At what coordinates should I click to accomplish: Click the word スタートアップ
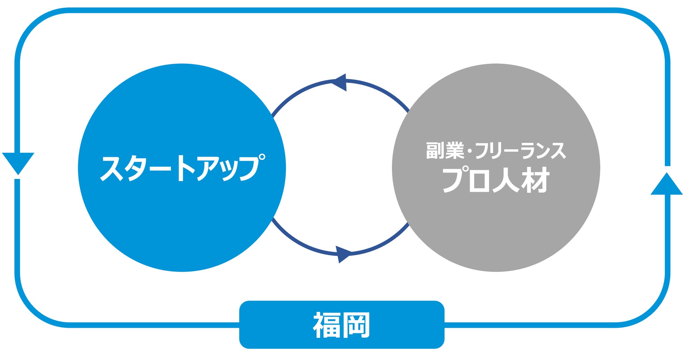point(182,168)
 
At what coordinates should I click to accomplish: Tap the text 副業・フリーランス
point(496,151)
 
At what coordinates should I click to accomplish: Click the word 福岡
point(341,325)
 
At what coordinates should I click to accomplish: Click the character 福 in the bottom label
point(326,325)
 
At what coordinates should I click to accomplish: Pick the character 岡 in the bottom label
point(356,325)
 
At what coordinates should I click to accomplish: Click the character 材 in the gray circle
point(535,180)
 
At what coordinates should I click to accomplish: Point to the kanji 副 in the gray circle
point(435,151)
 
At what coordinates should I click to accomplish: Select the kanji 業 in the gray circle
point(455,151)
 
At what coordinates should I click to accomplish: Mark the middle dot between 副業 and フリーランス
point(469,151)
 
